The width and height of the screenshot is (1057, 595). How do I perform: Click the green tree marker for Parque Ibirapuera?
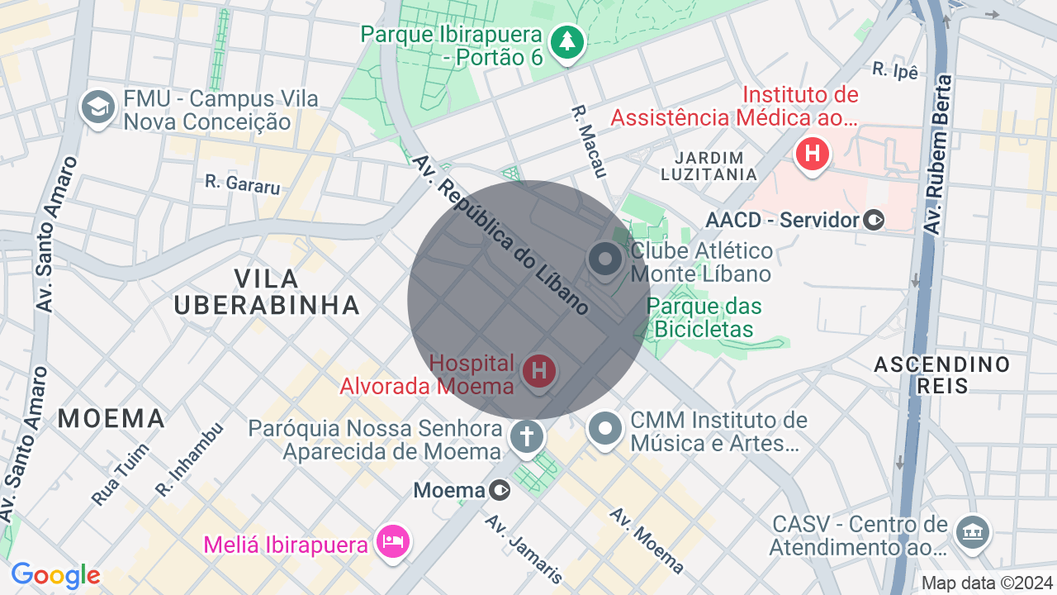pos(566,41)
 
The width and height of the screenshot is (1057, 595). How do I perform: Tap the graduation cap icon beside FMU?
pos(97,107)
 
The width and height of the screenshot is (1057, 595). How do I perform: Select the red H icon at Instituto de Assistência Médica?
pos(813,154)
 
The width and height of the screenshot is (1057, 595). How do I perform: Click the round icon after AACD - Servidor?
pos(874,221)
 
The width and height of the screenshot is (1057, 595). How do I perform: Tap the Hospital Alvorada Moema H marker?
pos(539,370)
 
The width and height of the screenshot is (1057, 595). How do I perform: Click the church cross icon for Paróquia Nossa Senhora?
pos(526,436)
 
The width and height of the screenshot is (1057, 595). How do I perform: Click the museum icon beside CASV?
pos(971,531)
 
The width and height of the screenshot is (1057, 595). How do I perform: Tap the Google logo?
pos(55,575)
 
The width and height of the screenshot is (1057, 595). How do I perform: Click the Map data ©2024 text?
pos(987,583)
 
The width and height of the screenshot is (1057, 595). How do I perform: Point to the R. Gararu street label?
pos(242,183)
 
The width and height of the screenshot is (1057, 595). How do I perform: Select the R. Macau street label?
pos(589,140)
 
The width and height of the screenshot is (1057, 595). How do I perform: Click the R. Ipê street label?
pos(895,71)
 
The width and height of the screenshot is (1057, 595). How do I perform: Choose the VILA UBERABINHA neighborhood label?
pos(267,291)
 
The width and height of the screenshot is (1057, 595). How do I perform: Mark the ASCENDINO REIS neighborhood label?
pos(941,375)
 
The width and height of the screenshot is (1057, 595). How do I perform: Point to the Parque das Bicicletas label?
pos(704,317)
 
